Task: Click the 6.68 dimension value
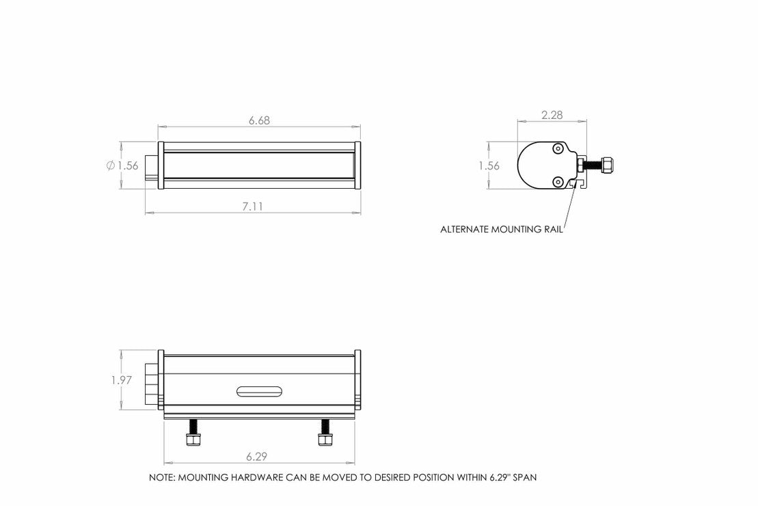259,120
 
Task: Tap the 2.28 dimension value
552,116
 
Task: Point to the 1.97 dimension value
121,380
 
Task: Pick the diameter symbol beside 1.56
110,165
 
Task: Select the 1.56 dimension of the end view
489,165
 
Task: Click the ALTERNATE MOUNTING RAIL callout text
502,230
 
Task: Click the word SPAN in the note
523,478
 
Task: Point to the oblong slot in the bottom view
260,391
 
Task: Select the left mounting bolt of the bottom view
193,434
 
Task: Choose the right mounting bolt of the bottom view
325,434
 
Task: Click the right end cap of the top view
358,166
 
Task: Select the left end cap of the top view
161,166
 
